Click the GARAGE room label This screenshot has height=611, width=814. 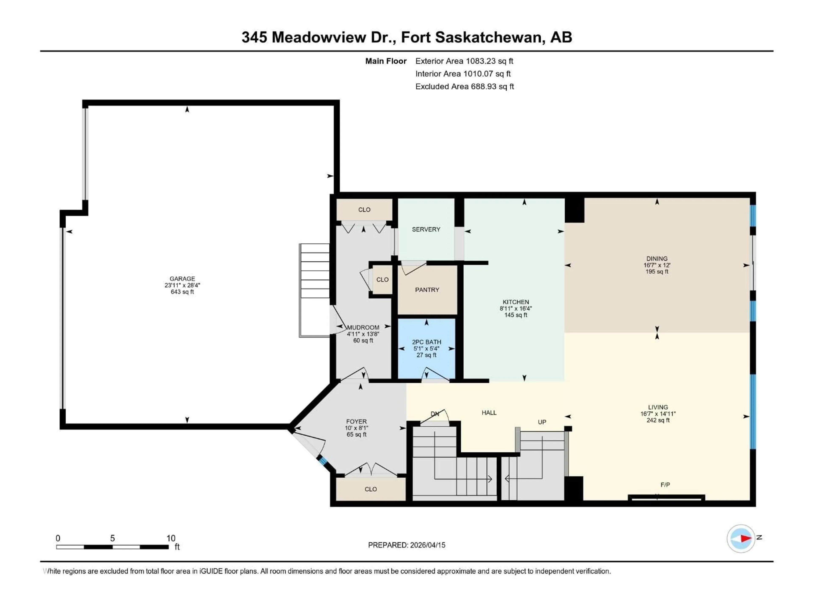(182, 279)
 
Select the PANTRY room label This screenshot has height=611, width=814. (427, 290)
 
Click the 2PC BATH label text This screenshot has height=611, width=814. (426, 342)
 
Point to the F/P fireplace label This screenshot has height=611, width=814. (665, 485)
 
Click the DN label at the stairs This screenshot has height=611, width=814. (435, 414)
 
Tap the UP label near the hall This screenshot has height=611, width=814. (542, 422)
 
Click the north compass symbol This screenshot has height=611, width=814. (741, 538)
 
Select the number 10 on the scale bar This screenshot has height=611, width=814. (171, 538)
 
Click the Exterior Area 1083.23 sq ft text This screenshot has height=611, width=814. (464, 61)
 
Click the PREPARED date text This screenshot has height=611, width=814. (406, 545)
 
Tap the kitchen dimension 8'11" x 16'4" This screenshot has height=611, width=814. (516, 309)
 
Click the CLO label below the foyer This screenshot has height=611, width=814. (371, 489)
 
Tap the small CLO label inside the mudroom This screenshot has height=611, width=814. (382, 280)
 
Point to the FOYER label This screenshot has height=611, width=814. (356, 421)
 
